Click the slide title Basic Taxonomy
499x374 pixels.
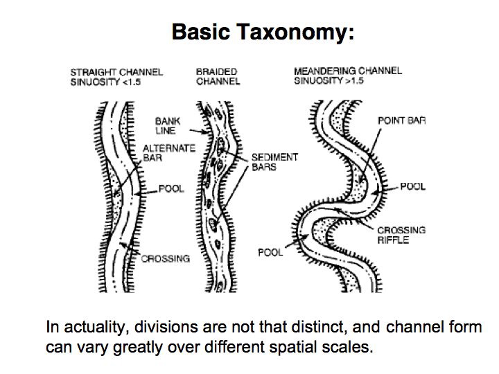(263, 32)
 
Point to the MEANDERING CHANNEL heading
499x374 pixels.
(347, 71)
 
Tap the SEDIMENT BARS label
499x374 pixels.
(274, 161)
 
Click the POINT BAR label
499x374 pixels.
(401, 121)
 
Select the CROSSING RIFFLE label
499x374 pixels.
(401, 235)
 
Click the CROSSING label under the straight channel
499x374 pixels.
(165, 259)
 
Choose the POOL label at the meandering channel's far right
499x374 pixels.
(413, 187)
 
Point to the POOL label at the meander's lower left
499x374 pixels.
(270, 252)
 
